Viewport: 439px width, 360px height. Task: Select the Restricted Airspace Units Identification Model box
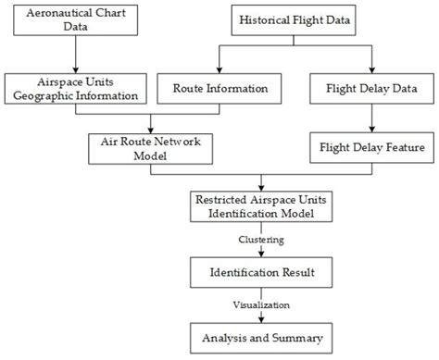[263, 207]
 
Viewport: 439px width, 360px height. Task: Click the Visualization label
[263, 303]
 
